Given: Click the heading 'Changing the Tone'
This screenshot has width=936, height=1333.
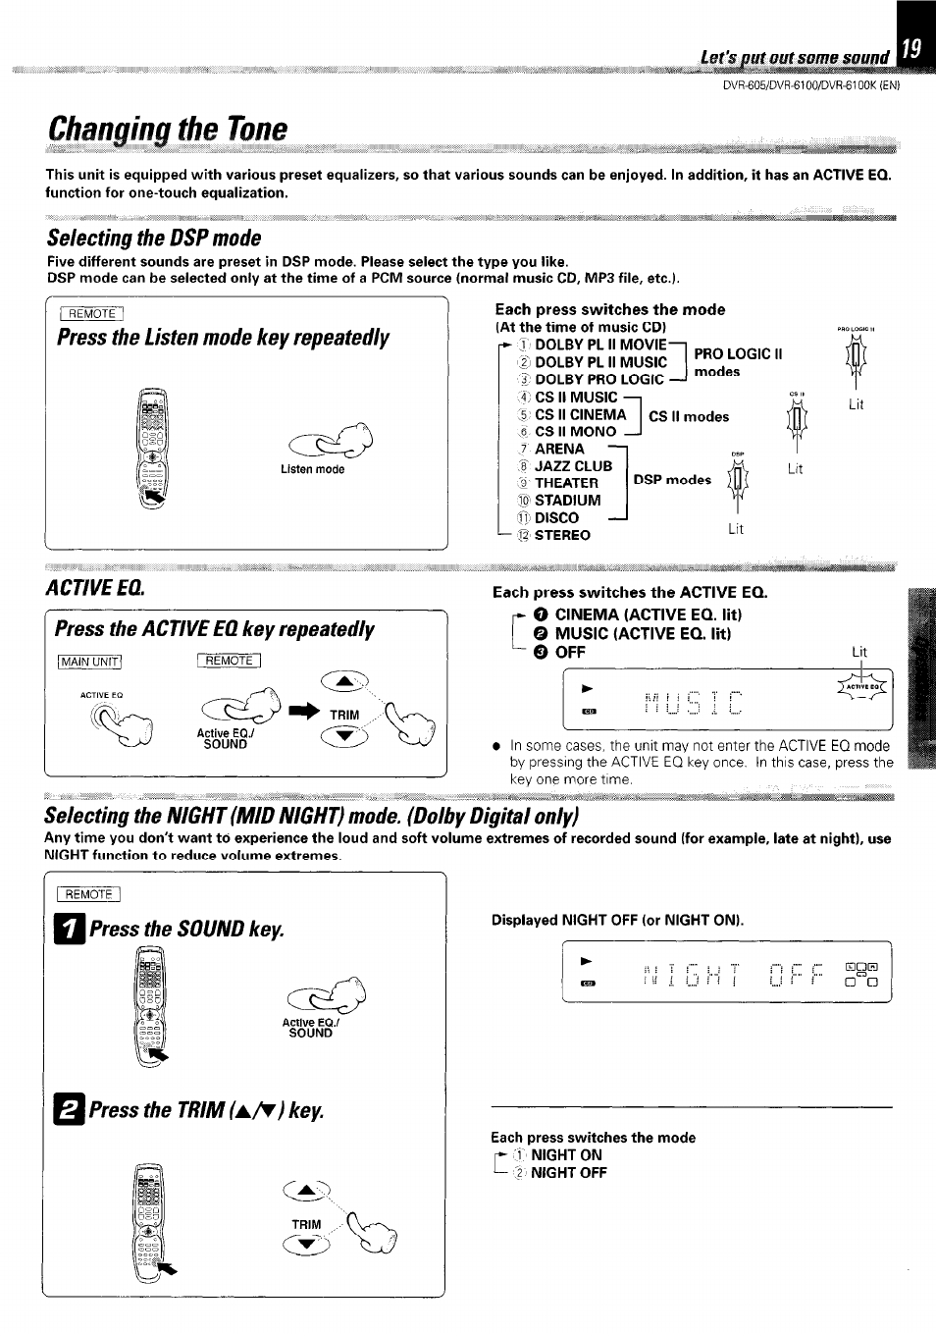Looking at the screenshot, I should [x=168, y=129].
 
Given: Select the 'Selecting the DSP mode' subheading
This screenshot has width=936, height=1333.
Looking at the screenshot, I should [x=154, y=239].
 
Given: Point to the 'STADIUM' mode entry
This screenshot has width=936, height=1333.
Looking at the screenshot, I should [x=567, y=501].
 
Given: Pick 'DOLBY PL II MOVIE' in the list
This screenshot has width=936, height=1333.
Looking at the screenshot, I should [x=599, y=345].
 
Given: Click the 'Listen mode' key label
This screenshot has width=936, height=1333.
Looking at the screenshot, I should [x=312, y=470].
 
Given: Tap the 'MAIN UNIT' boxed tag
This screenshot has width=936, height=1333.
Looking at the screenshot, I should [x=89, y=662].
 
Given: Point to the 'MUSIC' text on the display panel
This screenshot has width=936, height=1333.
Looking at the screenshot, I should [x=692, y=704].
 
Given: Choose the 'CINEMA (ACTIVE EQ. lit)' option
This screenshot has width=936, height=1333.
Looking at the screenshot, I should [x=648, y=615].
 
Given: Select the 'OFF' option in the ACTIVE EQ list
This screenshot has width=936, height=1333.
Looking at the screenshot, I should [x=569, y=653].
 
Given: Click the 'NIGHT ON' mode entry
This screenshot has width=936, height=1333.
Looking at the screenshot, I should [x=565, y=1155].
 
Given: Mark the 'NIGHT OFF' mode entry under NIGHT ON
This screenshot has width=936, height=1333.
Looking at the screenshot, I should [x=568, y=1173].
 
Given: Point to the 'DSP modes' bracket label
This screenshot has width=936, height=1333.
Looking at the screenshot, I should [x=672, y=480].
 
